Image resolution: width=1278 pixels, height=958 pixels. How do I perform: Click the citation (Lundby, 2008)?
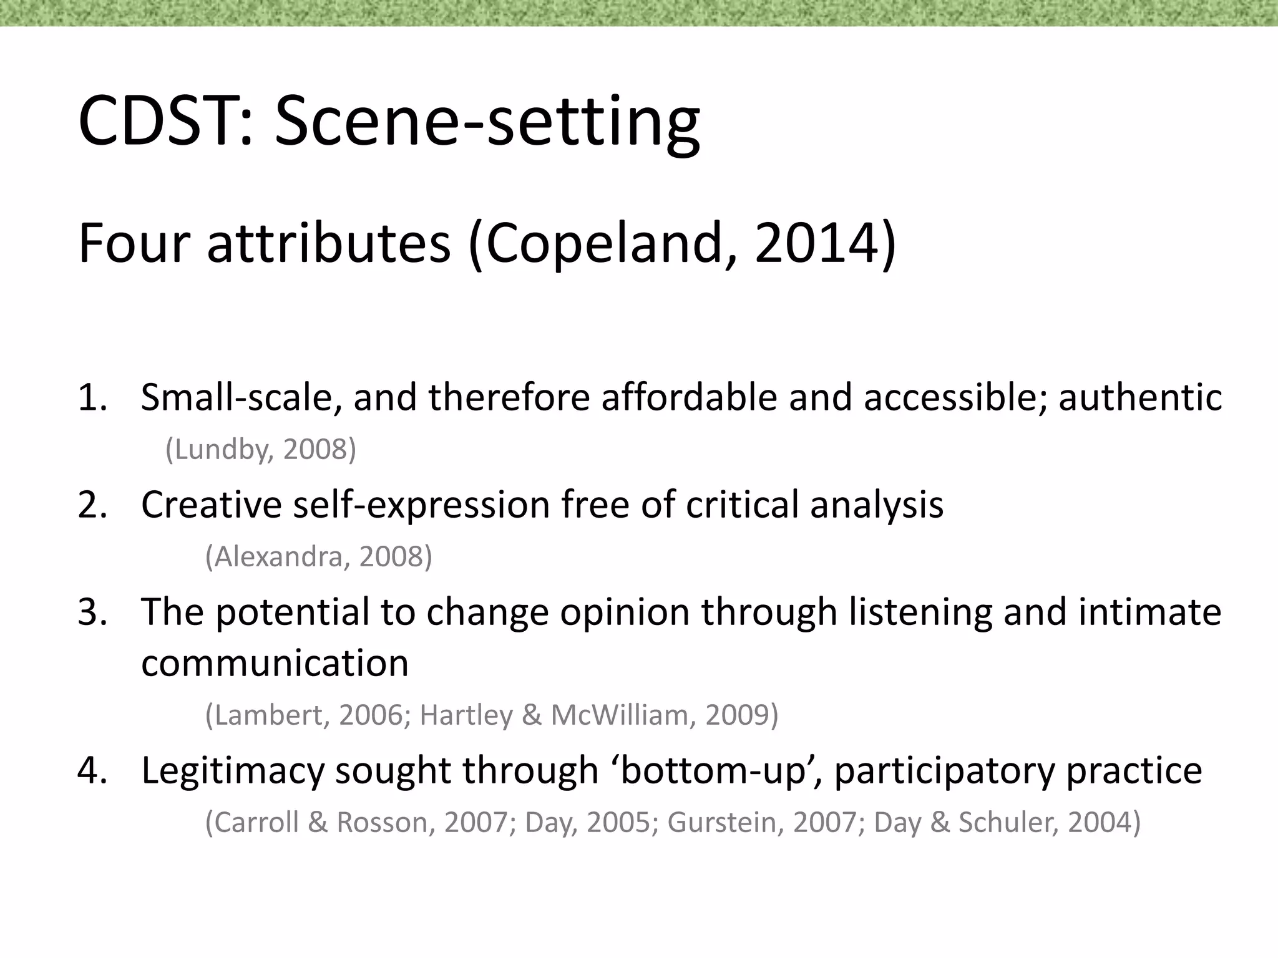[x=261, y=448]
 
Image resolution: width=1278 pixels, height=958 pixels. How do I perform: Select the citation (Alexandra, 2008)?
[x=318, y=556]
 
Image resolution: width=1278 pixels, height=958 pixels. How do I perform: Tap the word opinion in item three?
[x=624, y=612]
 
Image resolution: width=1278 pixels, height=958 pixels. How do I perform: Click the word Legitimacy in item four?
[x=233, y=770]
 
